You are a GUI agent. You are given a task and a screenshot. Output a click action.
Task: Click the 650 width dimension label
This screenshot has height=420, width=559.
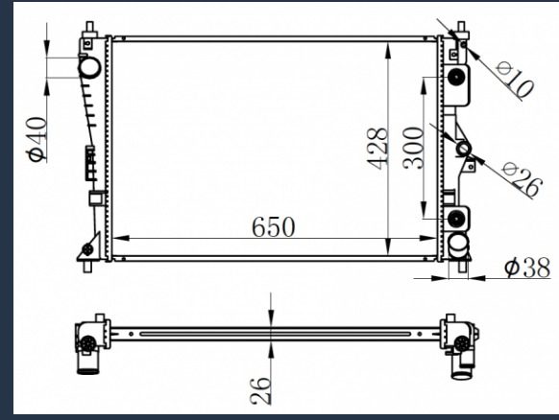pos(274,227)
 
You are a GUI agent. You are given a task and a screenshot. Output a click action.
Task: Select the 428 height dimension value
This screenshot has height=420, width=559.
pos(377,148)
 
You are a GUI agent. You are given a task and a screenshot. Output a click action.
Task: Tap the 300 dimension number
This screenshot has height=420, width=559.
pos(414,148)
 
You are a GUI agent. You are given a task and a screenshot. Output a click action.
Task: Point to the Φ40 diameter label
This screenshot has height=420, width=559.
pos(36,139)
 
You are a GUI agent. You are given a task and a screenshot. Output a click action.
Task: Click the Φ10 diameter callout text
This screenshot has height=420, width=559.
pos(515,80)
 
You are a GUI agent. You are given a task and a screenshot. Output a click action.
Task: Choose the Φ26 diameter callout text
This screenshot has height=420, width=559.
pos(523,179)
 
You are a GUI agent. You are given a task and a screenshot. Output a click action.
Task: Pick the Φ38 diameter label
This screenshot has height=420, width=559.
pos(527,268)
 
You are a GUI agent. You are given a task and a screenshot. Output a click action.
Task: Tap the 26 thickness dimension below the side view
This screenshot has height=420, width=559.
pos(260,390)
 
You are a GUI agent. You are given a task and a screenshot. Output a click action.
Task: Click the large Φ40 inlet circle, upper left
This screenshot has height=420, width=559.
pos(89,68)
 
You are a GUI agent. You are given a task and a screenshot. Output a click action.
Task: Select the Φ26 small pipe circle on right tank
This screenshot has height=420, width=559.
pos(463,149)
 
